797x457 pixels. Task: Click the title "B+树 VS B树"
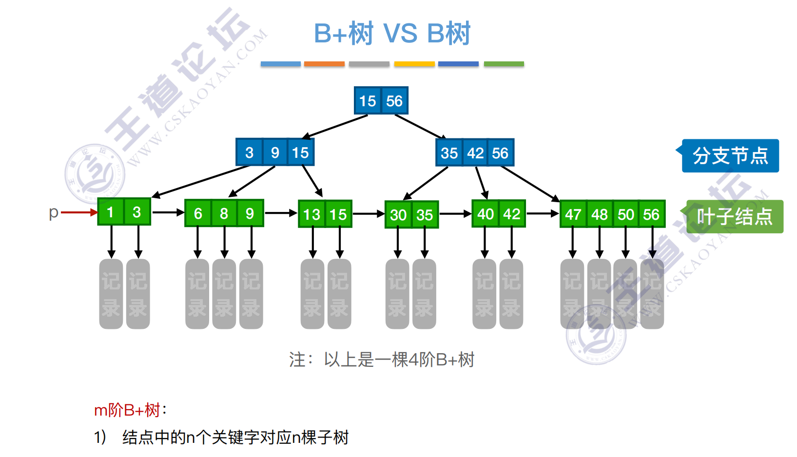[x=392, y=33]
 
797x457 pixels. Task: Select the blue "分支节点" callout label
[x=730, y=156]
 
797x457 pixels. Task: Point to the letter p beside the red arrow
[x=53, y=212]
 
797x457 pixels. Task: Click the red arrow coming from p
[x=78, y=212]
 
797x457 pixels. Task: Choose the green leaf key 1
[x=111, y=212]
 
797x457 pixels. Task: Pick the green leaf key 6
[x=198, y=213]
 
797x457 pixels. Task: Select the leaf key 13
[x=311, y=214]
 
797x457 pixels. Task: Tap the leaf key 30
[x=398, y=215]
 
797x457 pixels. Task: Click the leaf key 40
[x=486, y=214]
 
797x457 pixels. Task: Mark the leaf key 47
[x=573, y=214]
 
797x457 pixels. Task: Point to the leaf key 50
[x=626, y=214]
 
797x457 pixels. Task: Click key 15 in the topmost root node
[x=368, y=101]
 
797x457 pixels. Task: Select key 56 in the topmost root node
[x=394, y=101]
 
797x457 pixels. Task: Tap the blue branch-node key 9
[x=275, y=152]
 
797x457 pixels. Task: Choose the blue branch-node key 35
[x=449, y=153]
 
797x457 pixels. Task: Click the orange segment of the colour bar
[x=324, y=64]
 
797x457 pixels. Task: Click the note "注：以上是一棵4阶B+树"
[x=381, y=360]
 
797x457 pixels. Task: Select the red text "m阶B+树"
[x=127, y=410]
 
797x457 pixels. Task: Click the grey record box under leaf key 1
[x=111, y=294]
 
